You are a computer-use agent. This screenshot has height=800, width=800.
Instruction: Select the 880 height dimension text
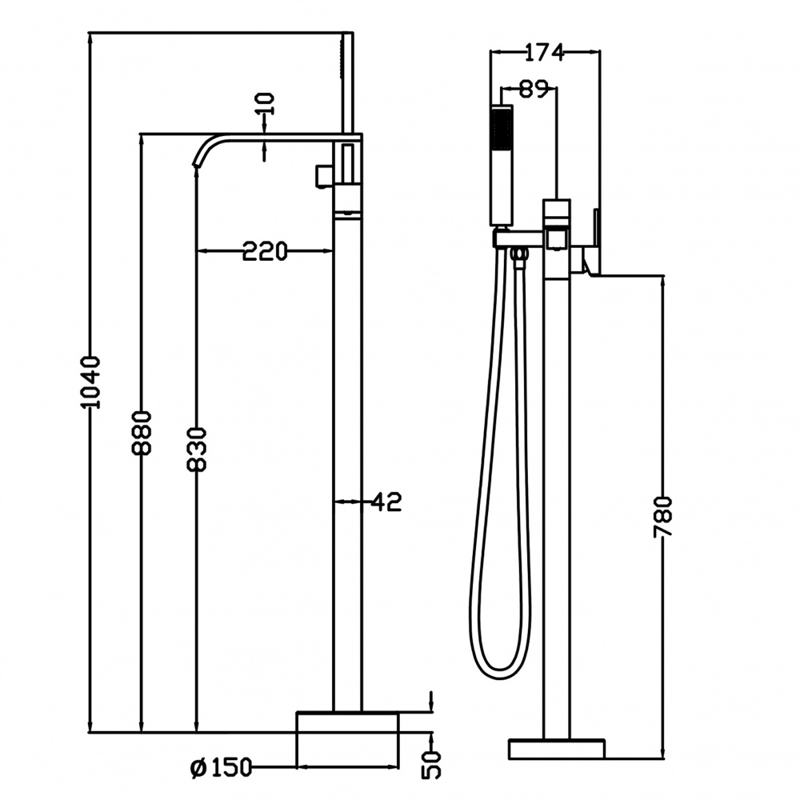pyautogui.click(x=142, y=432)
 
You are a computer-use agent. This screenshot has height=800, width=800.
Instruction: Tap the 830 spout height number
pyautogui.click(x=197, y=449)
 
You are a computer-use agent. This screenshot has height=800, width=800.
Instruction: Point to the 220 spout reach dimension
pyautogui.click(x=264, y=252)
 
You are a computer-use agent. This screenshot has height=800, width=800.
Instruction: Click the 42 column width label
pyautogui.click(x=386, y=502)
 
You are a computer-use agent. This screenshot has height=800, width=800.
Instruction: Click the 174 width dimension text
pyautogui.click(x=544, y=53)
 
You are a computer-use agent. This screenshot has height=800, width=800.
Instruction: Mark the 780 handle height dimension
pyautogui.click(x=664, y=516)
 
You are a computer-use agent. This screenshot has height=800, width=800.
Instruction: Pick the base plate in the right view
pyautogui.click(x=557, y=749)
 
